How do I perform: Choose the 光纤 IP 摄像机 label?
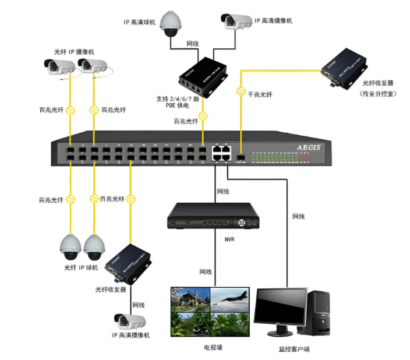point(73,51)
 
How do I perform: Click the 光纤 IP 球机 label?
point(81,268)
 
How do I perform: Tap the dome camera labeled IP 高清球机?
point(169,24)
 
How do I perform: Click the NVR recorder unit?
point(213,217)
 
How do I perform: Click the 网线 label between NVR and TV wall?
point(206,272)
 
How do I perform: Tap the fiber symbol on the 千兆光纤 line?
point(240,91)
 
